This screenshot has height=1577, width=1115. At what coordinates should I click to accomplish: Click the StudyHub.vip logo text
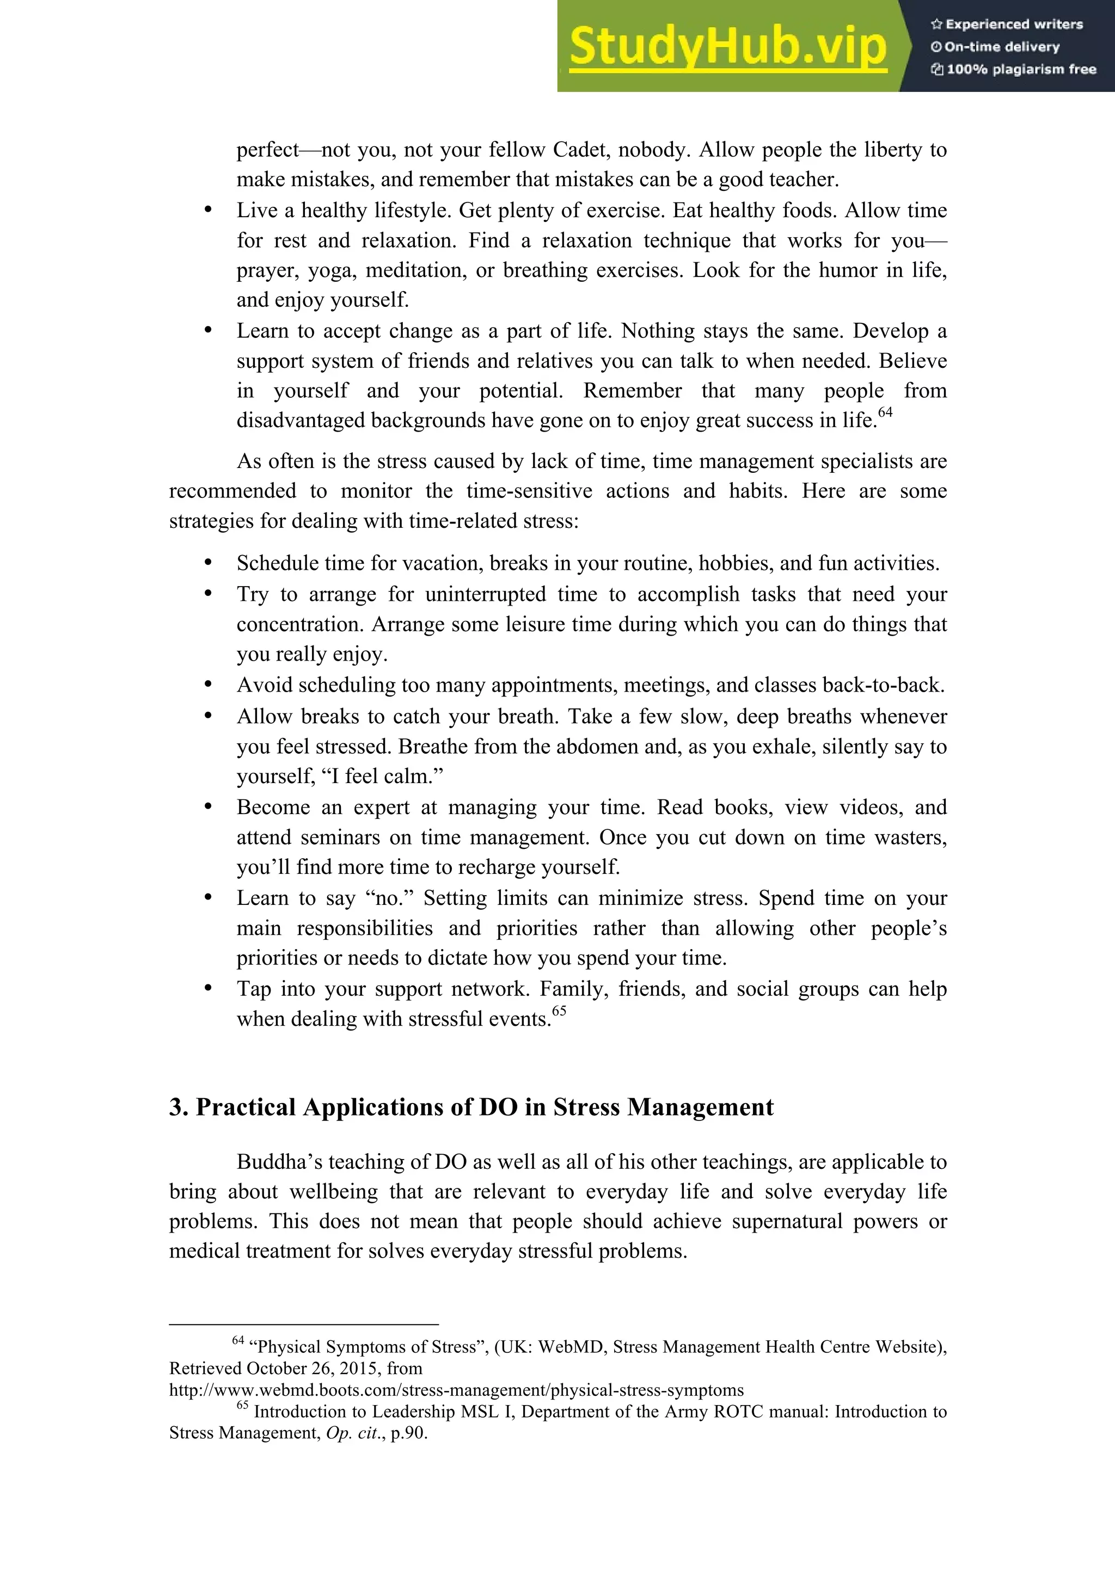tap(728, 46)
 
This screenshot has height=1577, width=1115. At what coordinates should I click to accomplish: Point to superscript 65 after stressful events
tap(559, 1011)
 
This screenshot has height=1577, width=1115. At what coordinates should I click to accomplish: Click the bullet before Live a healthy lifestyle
tap(207, 210)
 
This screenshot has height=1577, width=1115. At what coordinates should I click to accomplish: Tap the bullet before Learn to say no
tap(207, 898)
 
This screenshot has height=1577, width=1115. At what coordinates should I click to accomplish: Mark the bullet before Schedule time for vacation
tap(207, 563)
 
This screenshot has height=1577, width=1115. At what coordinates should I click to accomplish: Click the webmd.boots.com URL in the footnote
tap(456, 1390)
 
